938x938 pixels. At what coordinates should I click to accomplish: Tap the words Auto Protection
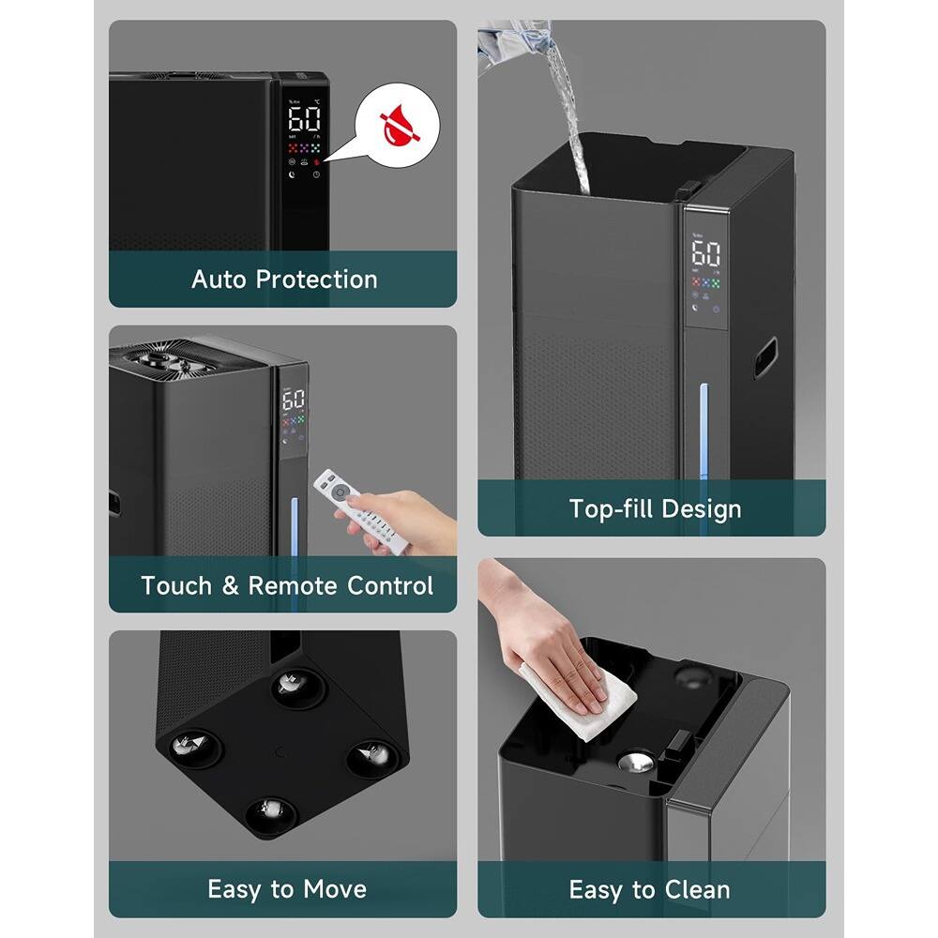284,280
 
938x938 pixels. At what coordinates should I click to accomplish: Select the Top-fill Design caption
655,509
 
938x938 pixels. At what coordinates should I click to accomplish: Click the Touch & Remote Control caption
287,586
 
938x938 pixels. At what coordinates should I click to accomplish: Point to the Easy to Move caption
287,889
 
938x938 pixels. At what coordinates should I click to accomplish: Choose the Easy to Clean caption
649,889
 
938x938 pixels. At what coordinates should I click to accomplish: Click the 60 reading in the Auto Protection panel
304,119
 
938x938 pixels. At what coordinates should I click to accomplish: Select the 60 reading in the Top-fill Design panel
705,252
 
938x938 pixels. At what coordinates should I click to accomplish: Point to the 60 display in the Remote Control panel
293,400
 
